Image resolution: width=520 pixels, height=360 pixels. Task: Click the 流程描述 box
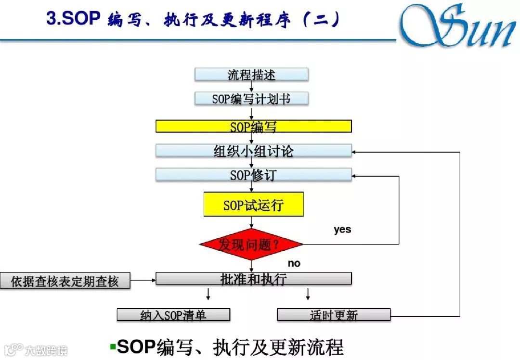click(251, 75)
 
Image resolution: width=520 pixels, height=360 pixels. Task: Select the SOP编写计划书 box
click(251, 99)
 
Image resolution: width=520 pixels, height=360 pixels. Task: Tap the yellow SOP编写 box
click(253, 126)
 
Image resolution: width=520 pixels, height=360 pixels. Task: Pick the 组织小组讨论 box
click(253, 151)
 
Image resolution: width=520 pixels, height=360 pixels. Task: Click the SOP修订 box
click(253, 174)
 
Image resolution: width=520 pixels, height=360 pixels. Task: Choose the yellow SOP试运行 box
click(253, 205)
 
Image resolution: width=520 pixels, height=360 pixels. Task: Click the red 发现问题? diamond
click(251, 244)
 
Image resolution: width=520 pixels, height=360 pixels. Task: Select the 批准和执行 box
click(253, 279)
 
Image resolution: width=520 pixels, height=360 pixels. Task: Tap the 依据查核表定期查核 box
click(65, 281)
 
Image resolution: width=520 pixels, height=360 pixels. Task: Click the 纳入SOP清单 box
click(173, 315)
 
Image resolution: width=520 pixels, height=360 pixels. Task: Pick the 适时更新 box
click(334, 315)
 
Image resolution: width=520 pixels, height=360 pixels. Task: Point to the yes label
click(342, 230)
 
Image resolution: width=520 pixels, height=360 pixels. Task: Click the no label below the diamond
click(294, 263)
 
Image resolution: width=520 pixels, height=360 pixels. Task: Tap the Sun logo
click(457, 26)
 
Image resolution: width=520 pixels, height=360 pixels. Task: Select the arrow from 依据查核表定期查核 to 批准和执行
click(143, 279)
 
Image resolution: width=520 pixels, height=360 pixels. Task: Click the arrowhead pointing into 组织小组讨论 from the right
click(355, 152)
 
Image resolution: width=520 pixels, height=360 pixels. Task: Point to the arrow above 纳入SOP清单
click(208, 294)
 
